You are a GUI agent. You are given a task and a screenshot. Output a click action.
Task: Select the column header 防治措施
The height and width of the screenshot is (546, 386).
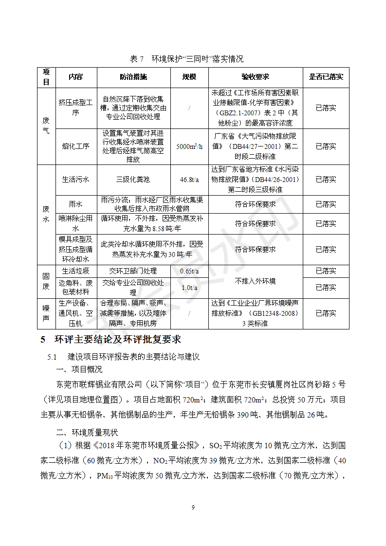click(133, 77)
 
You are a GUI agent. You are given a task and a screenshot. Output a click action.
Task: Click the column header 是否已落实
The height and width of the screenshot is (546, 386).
click(326, 77)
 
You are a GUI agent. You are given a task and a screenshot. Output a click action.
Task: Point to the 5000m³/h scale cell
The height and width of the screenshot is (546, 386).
click(189, 146)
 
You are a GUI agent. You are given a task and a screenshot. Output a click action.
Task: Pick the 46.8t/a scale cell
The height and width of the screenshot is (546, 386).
click(189, 180)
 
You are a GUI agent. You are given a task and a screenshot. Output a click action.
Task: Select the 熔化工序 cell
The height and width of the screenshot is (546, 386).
click(75, 146)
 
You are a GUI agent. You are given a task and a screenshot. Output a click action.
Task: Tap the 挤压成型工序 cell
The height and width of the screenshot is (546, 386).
click(75, 108)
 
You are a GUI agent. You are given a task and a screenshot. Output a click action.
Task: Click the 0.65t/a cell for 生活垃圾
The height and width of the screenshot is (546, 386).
click(189, 271)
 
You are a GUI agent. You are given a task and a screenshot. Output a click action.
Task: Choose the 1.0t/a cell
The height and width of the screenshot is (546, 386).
click(189, 288)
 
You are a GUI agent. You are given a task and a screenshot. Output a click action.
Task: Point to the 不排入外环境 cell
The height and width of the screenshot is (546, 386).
click(255, 281)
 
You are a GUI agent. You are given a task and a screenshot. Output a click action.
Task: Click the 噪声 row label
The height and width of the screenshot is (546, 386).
click(46, 313)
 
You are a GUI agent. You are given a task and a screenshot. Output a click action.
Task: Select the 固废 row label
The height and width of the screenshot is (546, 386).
click(46, 281)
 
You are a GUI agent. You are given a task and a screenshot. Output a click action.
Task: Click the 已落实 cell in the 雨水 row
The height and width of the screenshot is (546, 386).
click(326, 204)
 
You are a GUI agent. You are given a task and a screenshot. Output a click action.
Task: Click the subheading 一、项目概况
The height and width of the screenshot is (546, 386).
click(80, 370)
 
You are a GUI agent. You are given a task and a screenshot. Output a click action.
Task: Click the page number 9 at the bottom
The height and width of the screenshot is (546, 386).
click(193, 508)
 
